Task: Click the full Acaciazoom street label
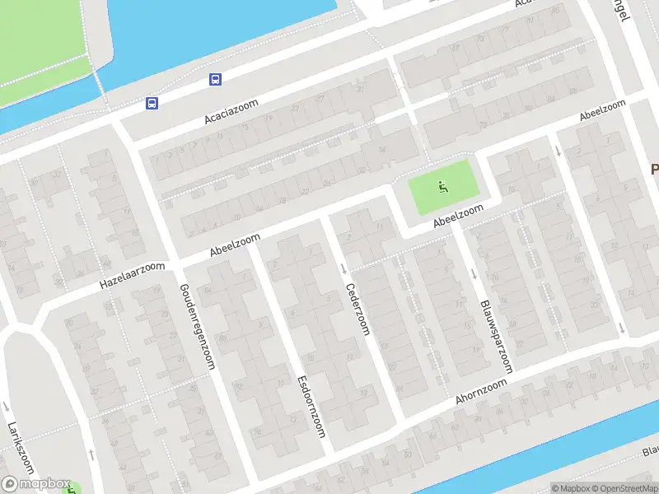pyautogui.click(x=231, y=112)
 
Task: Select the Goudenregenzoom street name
pyautogui.click(x=196, y=326)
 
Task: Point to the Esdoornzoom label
pyautogui.click(x=311, y=407)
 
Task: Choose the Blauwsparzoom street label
pyautogui.click(x=496, y=336)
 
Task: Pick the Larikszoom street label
pyautogui.click(x=21, y=448)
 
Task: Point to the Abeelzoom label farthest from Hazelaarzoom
pyautogui.click(x=603, y=112)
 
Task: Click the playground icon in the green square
pyautogui.click(x=443, y=186)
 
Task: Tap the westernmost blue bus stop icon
pyautogui.click(x=152, y=104)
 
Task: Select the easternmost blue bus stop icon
pyautogui.click(x=215, y=80)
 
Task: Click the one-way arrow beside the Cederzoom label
pyautogui.click(x=344, y=268)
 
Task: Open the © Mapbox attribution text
pyautogui.click(x=573, y=488)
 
